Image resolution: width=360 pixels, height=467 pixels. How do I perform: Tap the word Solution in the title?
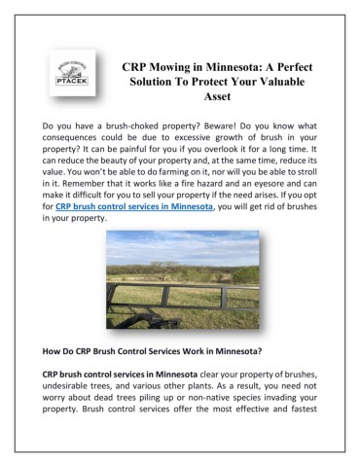(159, 83)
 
